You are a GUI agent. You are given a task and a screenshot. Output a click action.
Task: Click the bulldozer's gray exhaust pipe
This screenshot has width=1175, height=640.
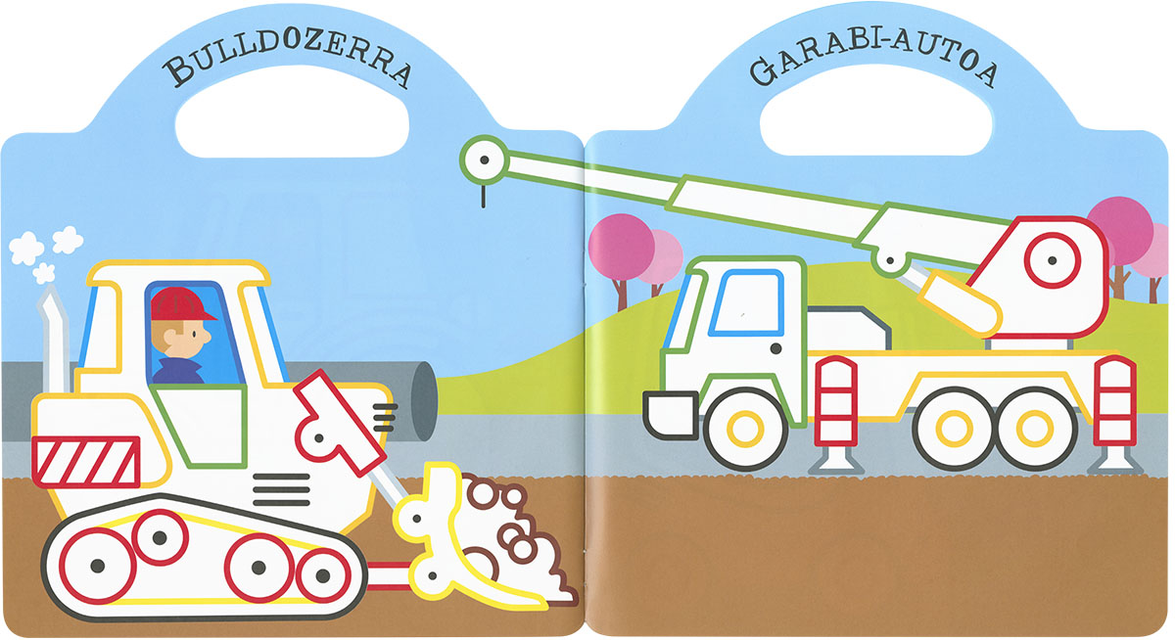54,340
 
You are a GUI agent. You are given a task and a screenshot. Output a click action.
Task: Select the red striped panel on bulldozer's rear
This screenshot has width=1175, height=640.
86,461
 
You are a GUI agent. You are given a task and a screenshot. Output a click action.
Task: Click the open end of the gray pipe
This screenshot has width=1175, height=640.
423,401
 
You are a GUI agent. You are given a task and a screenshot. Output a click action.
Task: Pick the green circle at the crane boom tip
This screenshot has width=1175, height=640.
485,160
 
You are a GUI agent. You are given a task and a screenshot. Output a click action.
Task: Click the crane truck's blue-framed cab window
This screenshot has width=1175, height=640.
747,303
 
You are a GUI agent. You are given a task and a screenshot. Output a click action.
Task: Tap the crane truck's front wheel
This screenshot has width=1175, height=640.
745,430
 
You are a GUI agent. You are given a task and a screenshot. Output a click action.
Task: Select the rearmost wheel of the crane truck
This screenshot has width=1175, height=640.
1034,429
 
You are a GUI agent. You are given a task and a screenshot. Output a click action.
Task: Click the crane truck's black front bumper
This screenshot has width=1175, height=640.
671,415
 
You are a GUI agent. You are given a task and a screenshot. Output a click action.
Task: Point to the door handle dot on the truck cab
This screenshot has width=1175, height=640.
775,348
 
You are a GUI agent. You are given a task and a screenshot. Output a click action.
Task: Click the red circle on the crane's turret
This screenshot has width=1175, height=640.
1052,260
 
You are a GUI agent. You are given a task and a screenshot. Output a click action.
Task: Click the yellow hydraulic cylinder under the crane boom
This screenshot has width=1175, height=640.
960,304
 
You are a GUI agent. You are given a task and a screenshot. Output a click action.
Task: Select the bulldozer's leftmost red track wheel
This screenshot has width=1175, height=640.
97,566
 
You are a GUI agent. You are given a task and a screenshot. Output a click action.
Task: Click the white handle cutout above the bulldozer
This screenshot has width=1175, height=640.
292,112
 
